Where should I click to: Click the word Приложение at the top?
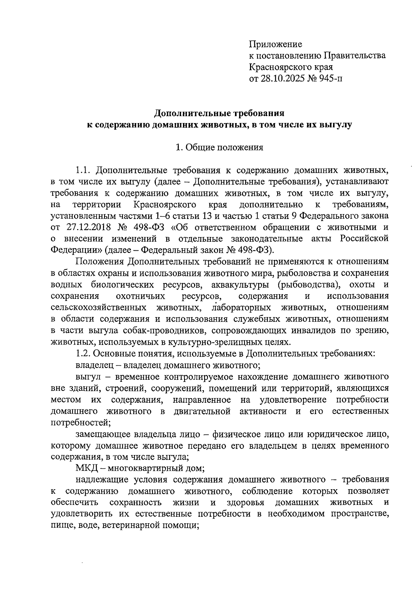click(275, 44)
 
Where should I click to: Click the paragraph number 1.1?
click(83, 171)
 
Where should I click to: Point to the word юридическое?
click(336, 434)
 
